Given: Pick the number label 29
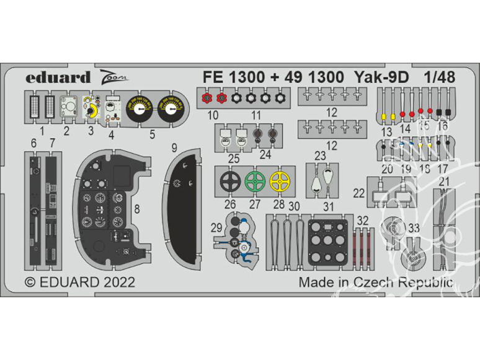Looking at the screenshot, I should click(216, 228).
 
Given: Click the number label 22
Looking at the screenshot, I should click(359, 193).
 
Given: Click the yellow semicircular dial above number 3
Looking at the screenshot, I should click(91, 112).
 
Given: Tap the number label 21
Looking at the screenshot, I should click(444, 181).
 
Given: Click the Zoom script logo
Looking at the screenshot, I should click(112, 78).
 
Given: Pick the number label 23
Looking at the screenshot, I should click(320, 156).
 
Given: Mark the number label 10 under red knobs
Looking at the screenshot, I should click(213, 115).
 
